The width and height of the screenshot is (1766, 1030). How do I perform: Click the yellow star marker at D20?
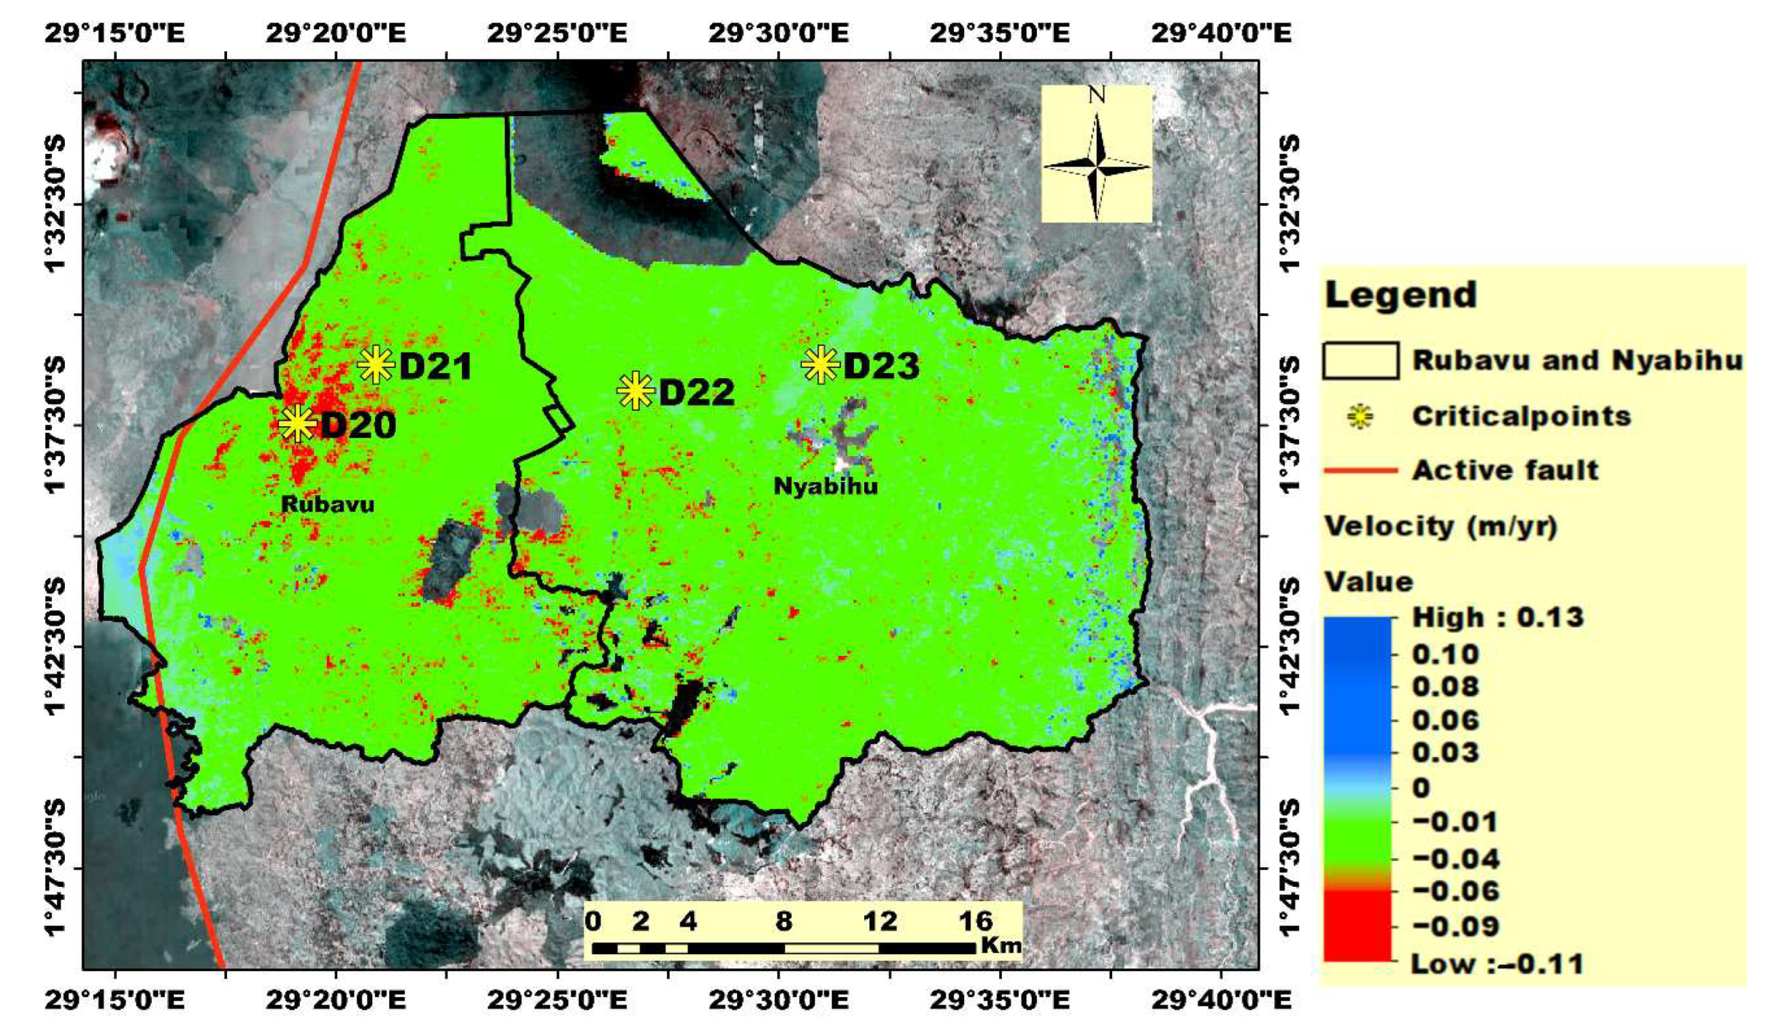tap(297, 423)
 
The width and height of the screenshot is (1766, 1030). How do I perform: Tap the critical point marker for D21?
tap(376, 364)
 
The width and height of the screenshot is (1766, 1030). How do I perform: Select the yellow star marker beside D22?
tap(636, 391)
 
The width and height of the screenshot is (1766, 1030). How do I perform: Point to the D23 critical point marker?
tap(820, 364)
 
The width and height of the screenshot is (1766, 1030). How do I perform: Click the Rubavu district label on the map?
tap(327, 505)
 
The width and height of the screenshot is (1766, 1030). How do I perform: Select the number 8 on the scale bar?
tap(784, 921)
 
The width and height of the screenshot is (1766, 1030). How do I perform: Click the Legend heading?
tap(1401, 294)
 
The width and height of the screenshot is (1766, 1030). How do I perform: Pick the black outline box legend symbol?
tap(1360, 361)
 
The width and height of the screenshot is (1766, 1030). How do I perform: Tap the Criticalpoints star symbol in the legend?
tap(1359, 417)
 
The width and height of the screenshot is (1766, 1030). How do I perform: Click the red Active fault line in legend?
tap(1360, 470)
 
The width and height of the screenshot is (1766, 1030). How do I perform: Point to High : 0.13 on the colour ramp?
tap(1497, 617)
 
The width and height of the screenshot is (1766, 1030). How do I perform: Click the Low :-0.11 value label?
tap(1497, 964)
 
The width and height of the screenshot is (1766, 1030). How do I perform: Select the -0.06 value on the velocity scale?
tap(1455, 892)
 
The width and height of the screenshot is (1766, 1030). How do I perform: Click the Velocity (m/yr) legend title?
tap(1440, 526)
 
